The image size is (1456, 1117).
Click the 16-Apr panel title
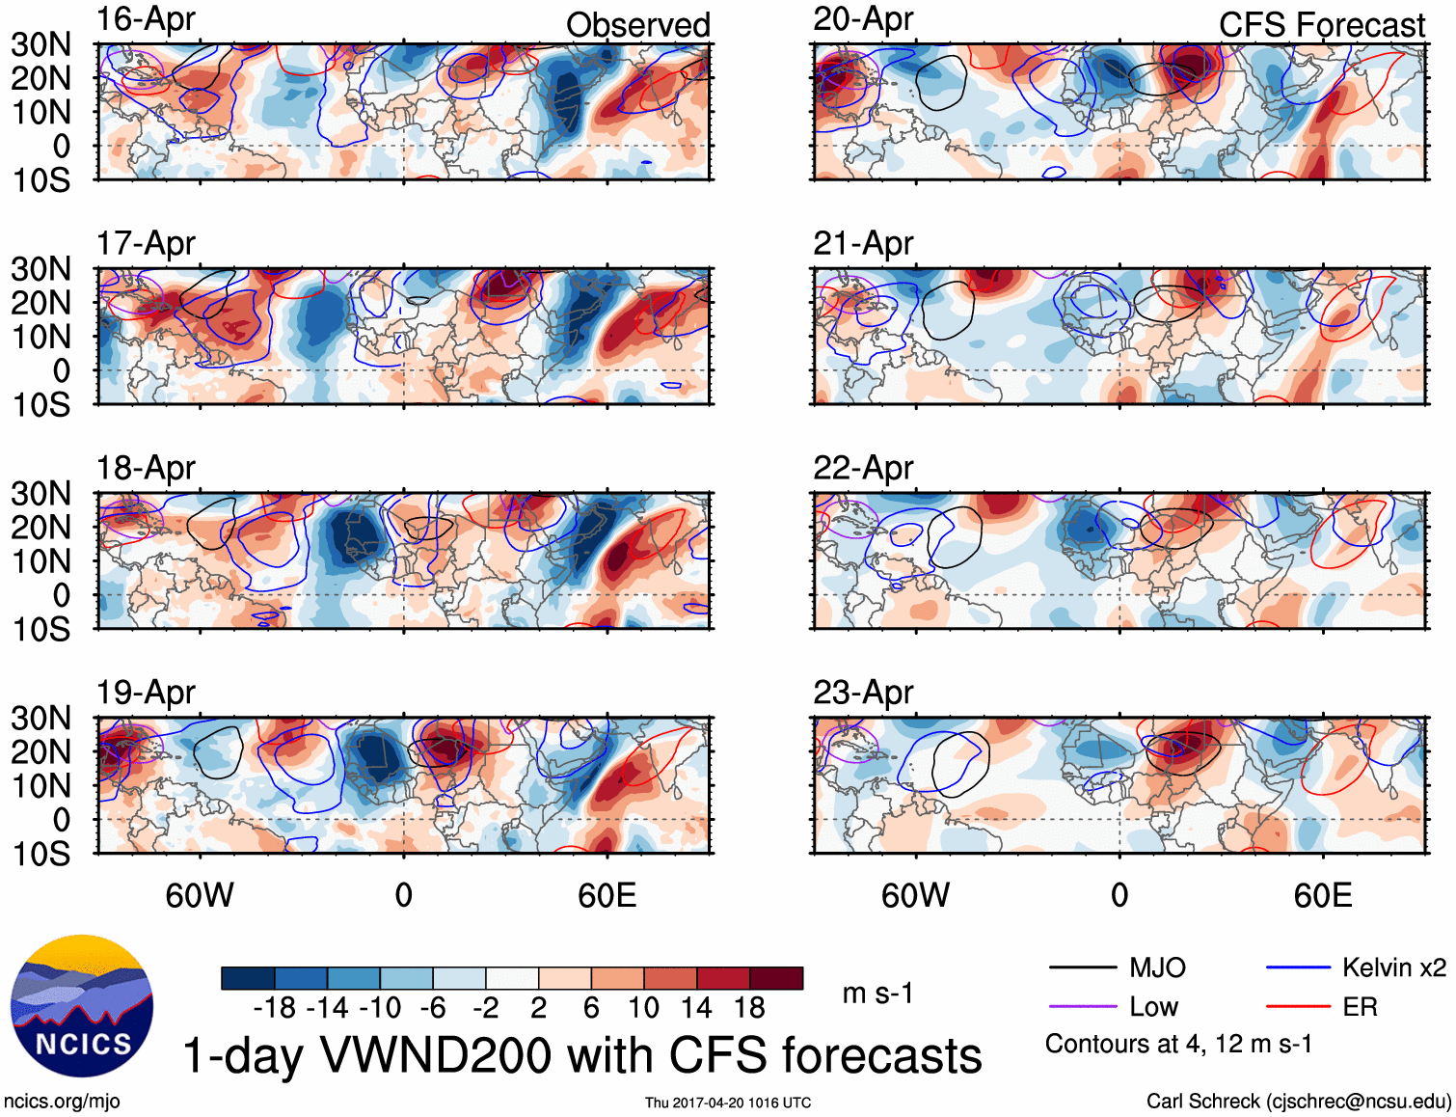(146, 19)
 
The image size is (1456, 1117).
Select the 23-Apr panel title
(863, 693)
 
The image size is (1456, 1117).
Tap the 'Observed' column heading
(637, 25)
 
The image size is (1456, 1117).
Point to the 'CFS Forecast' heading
(1321, 25)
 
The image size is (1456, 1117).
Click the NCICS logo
(82, 1006)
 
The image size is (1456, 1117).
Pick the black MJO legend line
(1082, 967)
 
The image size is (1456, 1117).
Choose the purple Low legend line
(1082, 1007)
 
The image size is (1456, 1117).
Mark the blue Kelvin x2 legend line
(1298, 967)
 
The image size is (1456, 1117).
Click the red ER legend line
(1298, 1007)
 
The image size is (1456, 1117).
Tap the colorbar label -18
(275, 1008)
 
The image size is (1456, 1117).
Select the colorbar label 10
(643, 1008)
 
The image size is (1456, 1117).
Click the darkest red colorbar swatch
(776, 978)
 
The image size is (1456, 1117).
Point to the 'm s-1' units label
(877, 994)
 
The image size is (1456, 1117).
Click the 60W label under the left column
(200, 896)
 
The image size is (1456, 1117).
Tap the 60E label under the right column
(1322, 896)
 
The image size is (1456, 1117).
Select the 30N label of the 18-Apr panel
(40, 494)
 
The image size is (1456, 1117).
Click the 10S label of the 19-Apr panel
(40, 854)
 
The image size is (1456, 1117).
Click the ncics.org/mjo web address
(62, 1102)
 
